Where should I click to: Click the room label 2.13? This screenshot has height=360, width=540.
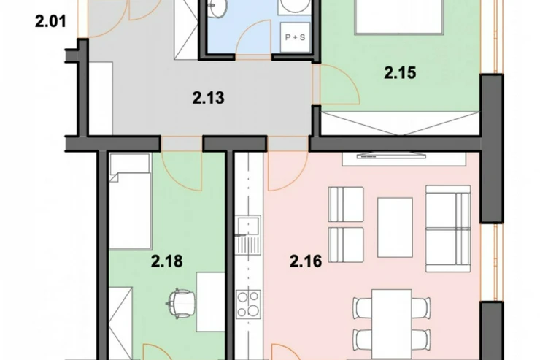point(209,98)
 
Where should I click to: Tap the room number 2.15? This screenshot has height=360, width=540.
point(400,73)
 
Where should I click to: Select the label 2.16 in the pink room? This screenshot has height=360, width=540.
point(306,261)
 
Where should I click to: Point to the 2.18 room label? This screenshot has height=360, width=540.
point(166,261)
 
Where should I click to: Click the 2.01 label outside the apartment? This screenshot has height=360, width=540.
point(50,22)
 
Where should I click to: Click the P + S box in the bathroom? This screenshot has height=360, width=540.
point(295,37)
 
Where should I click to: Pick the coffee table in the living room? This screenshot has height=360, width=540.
point(395,227)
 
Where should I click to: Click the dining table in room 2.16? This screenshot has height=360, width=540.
point(392,324)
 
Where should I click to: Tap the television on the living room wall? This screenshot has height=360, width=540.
point(393,156)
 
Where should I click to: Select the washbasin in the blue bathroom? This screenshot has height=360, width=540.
point(218,8)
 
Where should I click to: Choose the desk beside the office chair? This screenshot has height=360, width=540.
point(210,302)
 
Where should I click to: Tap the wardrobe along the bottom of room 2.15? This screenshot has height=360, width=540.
point(401,123)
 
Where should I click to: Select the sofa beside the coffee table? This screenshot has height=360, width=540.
point(448,229)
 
